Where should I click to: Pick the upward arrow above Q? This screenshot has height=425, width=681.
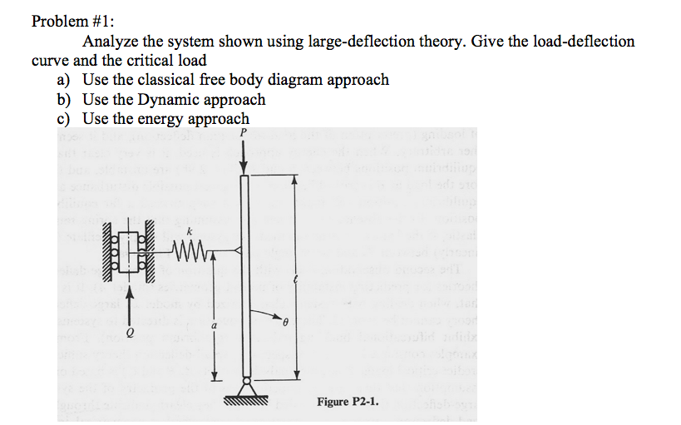click(x=129, y=301)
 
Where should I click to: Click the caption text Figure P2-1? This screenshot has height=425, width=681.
click(x=347, y=402)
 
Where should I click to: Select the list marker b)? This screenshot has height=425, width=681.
click(x=64, y=99)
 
